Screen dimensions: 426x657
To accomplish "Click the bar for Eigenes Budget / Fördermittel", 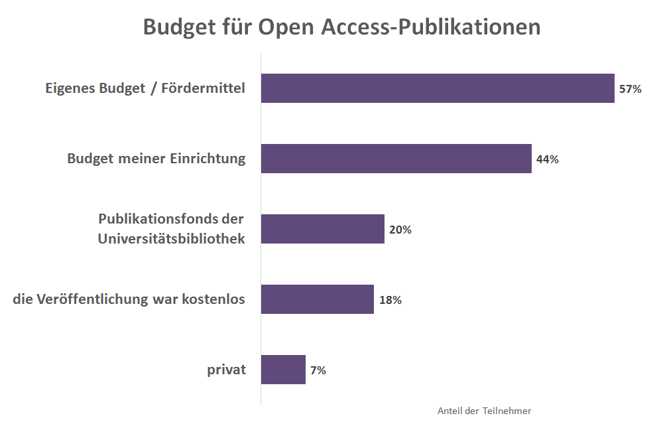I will coord(438,88).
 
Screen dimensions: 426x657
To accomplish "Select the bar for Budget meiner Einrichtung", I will coord(396,159).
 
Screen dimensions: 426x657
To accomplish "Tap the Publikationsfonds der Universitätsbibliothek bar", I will coord(322,229).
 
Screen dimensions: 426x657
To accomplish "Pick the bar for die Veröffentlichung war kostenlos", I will coord(317,299).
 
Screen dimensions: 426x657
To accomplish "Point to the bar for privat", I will coord(283,370).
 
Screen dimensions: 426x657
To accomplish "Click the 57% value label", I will coord(630,89).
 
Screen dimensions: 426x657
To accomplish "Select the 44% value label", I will coord(548,159).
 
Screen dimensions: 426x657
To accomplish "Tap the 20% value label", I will coord(400,230).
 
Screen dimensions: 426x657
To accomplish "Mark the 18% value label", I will coord(390,300).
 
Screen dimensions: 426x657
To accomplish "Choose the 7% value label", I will coord(318,370).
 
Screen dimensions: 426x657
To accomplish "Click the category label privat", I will coord(226,370).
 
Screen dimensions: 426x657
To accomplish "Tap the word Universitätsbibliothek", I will coord(172,239).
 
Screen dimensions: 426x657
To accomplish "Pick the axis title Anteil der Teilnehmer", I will coord(484,411).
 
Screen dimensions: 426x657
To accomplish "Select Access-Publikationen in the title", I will coord(431,27).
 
